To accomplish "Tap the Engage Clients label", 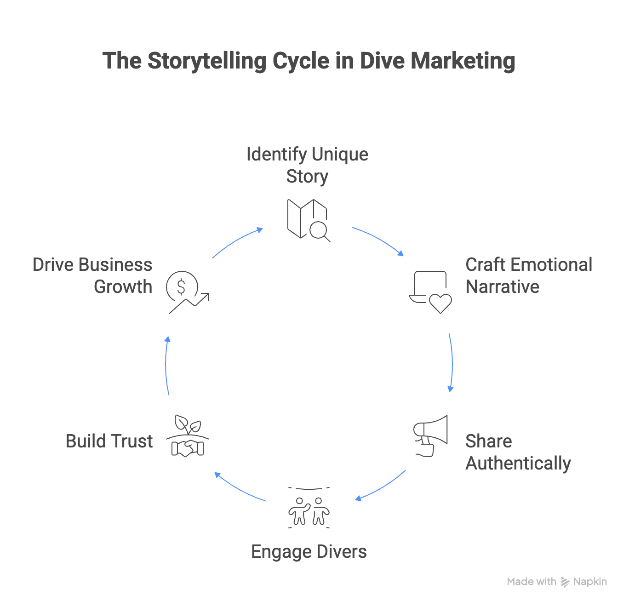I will [x=309, y=551].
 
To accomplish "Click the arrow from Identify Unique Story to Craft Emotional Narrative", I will [x=377, y=240].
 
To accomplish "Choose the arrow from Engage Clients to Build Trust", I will [x=240, y=487].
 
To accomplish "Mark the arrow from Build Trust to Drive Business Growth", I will [x=168, y=366].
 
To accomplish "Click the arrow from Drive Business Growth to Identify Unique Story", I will [x=237, y=242].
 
